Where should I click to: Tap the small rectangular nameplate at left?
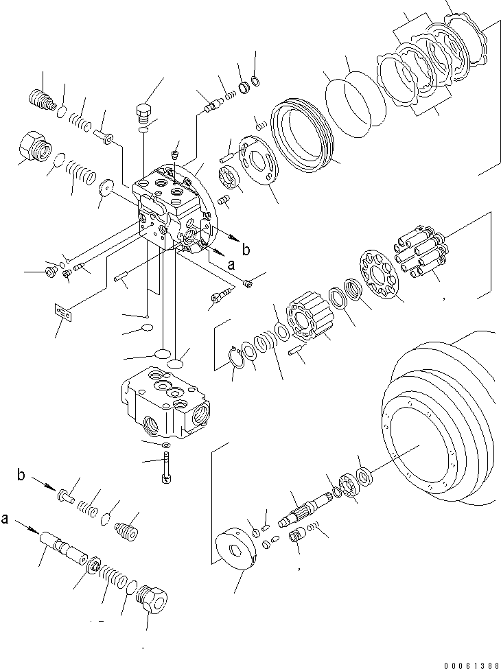[63, 312]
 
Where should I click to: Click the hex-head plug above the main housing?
[143, 112]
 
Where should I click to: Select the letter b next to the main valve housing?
[246, 250]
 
